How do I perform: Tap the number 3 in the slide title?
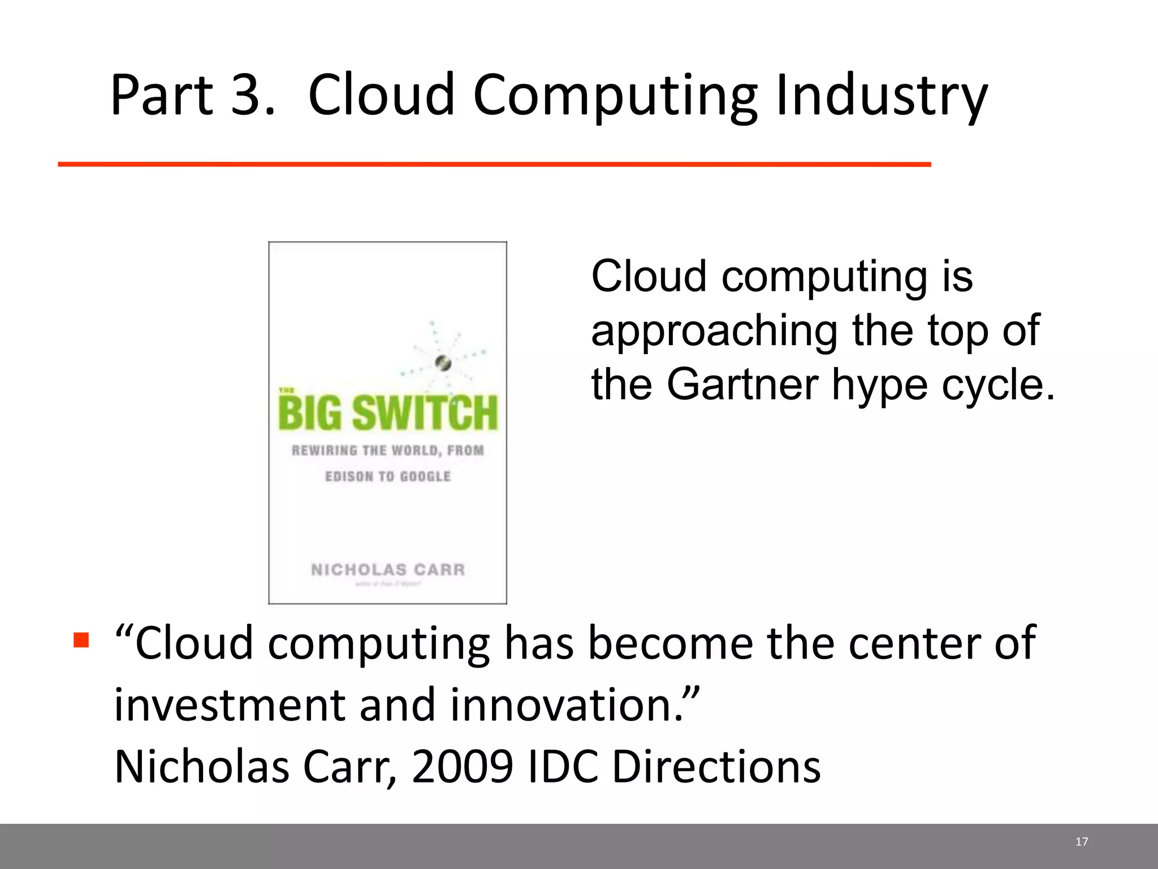[247, 95]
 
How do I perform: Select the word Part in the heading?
[162, 95]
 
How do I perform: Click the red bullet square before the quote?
[81, 640]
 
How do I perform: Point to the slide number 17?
[1081, 842]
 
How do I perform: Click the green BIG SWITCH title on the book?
[388, 412]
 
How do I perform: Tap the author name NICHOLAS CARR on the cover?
[388, 569]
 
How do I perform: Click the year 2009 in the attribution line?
[462, 767]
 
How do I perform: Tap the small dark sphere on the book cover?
[443, 363]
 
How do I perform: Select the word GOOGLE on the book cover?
[425, 476]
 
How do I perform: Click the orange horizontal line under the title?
[494, 164]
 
